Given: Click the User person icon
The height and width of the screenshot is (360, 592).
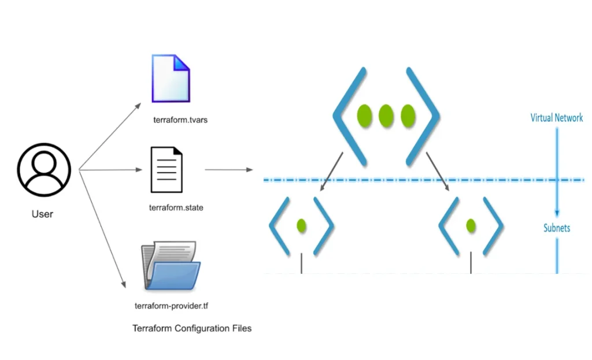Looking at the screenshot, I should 44,170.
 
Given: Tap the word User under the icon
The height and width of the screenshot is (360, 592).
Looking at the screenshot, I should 42,214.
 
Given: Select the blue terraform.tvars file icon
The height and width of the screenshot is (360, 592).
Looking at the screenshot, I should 171,78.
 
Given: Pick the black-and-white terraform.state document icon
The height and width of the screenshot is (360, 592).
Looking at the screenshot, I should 166,170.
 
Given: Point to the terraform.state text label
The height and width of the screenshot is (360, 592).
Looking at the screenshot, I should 176,207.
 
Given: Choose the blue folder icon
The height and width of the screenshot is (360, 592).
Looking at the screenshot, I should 171,266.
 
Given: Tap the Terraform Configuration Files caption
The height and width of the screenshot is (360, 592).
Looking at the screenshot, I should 192,328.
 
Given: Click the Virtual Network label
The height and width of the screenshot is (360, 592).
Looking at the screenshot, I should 557,118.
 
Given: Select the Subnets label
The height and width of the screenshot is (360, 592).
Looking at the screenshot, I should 557,228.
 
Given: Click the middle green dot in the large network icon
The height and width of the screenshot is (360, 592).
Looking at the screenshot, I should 386,116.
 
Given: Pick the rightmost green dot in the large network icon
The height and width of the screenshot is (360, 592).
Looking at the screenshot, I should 408,116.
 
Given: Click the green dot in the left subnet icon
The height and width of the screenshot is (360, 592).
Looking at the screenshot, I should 301,226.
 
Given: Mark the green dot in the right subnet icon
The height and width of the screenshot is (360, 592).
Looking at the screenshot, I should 471,226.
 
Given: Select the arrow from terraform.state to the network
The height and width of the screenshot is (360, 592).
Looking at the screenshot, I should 229,170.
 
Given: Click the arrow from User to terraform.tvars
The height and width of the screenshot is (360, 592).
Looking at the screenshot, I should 110,138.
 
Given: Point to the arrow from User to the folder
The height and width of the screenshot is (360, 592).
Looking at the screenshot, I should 102,228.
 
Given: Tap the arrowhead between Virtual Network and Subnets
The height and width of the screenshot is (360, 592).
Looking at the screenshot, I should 557,212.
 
